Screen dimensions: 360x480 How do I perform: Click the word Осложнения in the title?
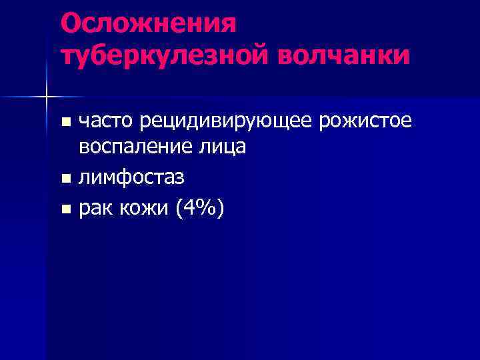[148, 24]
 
